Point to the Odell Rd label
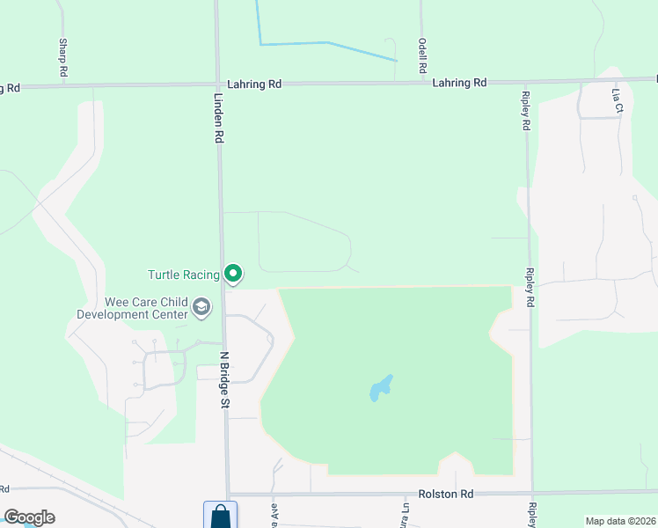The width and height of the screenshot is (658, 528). tap(422, 55)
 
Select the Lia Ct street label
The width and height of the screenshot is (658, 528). tap(618, 99)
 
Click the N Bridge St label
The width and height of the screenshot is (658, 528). tap(224, 379)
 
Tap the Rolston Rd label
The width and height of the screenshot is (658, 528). tap(448, 495)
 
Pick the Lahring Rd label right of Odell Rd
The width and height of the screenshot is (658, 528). tap(459, 83)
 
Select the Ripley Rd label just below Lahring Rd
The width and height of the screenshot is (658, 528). tap(525, 111)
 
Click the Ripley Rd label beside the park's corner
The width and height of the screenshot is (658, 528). tap(529, 287)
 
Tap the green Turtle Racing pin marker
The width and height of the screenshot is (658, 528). tap(233, 275)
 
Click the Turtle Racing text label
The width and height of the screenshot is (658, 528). tap(184, 275)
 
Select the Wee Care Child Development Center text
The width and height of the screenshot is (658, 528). tap(132, 308)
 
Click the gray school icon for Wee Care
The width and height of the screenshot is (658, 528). tap(201, 307)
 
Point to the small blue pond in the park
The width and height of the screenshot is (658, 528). tap(380, 388)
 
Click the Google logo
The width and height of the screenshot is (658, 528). tap(29, 517)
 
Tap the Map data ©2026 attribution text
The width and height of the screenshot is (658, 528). tap(619, 521)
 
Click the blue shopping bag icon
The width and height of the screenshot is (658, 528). tap(220, 516)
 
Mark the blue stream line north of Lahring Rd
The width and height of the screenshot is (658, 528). tap(327, 43)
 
